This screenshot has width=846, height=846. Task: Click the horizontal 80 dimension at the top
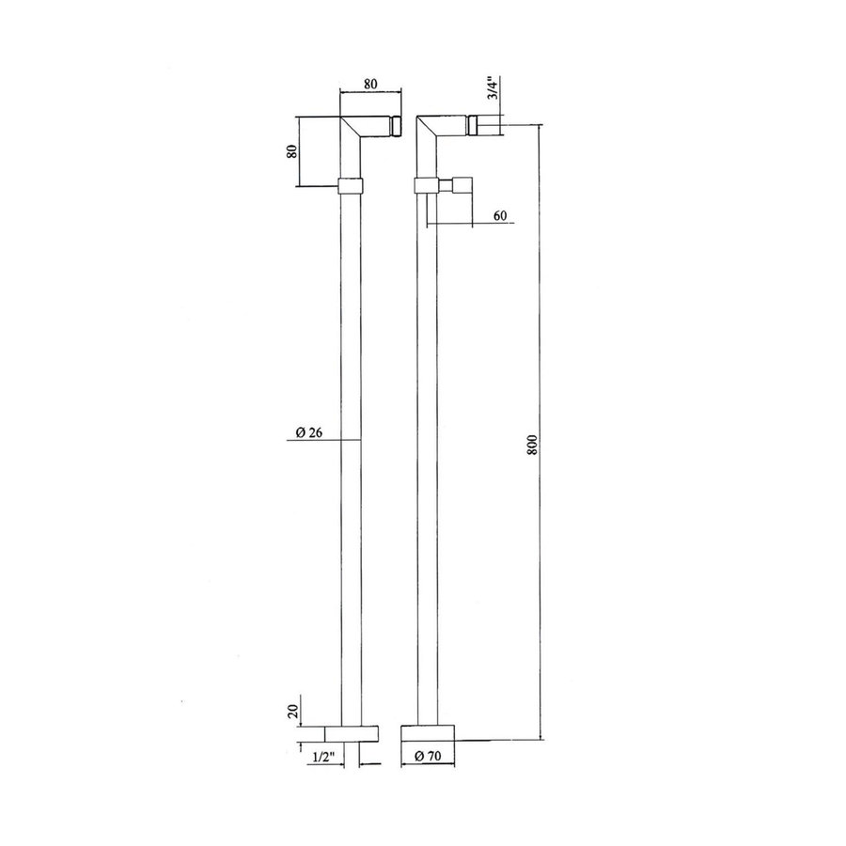pyautogui.click(x=370, y=85)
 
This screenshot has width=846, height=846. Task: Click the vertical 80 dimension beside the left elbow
pyautogui.click(x=292, y=151)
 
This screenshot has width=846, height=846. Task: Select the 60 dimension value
pyautogui.click(x=500, y=216)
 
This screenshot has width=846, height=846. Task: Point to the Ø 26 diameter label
pyautogui.click(x=309, y=432)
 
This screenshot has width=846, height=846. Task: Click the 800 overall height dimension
pyautogui.click(x=533, y=443)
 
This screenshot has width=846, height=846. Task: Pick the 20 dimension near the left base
pyautogui.click(x=293, y=711)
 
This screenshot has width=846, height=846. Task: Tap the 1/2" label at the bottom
pyautogui.click(x=324, y=758)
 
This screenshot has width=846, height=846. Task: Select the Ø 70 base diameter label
pyautogui.click(x=428, y=757)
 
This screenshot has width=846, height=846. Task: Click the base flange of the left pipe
pyautogui.click(x=352, y=734)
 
